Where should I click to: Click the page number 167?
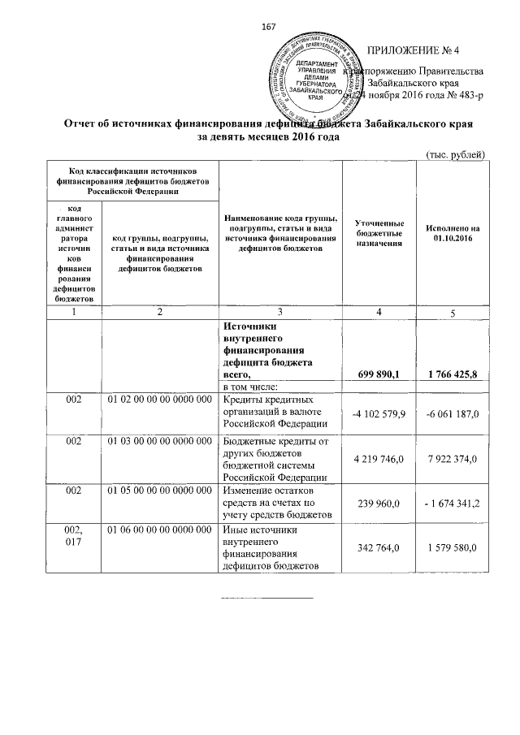point(269,28)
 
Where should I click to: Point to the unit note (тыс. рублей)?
point(456,154)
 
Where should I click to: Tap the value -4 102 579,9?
point(380,415)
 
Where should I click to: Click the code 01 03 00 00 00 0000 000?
point(159,439)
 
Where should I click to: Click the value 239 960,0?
point(380,503)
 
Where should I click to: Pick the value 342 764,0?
point(380,551)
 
